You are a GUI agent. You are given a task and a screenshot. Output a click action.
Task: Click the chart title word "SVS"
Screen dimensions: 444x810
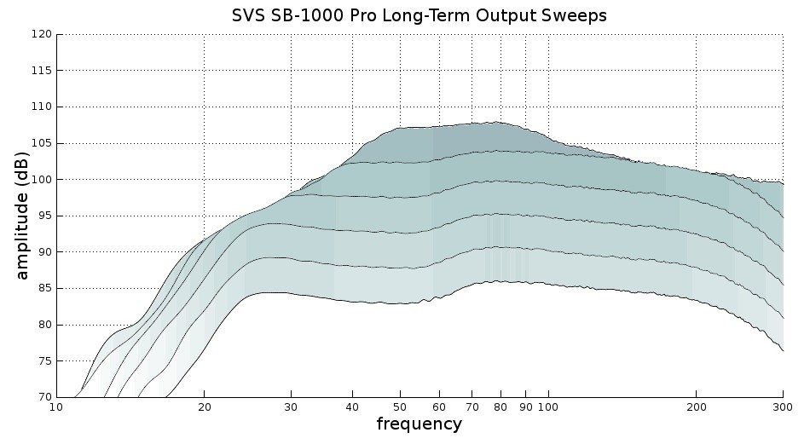250,16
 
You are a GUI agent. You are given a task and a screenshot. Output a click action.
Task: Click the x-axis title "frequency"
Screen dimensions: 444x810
419,424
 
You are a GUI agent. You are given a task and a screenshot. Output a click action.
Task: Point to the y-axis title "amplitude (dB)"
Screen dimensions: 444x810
23,216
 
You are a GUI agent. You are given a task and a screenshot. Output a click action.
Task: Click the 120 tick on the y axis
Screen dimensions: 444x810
41,34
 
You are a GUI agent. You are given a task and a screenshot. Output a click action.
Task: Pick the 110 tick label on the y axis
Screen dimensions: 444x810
41,107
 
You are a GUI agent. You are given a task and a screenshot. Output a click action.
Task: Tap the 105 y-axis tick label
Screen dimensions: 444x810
41,143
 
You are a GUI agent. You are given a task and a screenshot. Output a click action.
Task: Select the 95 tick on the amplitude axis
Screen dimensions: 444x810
43,216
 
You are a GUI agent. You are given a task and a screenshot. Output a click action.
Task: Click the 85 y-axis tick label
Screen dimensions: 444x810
43,288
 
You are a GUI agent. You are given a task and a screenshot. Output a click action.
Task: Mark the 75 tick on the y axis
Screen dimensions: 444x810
43,361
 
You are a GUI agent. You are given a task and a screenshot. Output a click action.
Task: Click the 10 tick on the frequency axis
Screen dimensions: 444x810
56,407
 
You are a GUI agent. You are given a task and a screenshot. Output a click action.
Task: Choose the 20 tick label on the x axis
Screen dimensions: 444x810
204,407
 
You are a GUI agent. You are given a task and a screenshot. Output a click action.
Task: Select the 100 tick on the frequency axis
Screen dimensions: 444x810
547,407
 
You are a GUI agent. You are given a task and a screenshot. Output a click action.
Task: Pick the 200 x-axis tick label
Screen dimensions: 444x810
696,407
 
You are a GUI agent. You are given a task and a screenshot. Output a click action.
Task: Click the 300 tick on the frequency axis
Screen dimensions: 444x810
782,407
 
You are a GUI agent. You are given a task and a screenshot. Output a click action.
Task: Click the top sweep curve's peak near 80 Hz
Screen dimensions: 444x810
495,122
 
